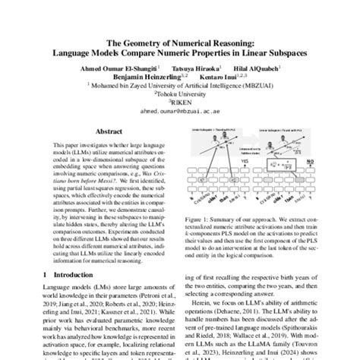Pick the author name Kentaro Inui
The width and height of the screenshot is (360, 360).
[x=221, y=76]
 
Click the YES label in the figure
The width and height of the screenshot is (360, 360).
[x=223, y=162]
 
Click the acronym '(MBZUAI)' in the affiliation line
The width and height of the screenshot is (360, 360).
[x=261, y=86]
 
